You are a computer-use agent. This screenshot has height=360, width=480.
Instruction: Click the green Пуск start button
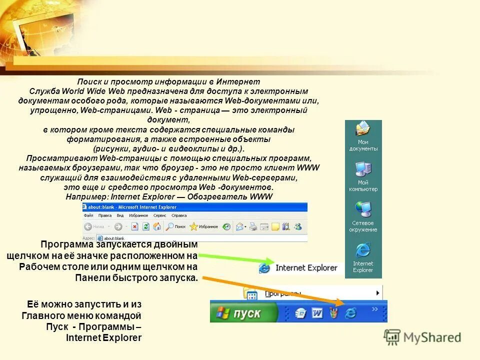(x=243, y=313)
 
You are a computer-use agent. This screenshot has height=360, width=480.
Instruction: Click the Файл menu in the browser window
(x=88, y=215)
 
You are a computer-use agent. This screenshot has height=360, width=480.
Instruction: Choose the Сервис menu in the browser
(x=159, y=215)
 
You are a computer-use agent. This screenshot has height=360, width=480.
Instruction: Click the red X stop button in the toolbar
(x=134, y=226)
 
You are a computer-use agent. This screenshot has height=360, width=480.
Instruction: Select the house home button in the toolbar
(x=157, y=226)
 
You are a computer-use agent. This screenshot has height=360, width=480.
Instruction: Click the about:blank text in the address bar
(x=113, y=238)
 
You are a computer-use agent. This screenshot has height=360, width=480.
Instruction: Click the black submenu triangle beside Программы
(x=378, y=292)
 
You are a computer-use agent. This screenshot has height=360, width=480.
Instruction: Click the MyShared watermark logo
(x=422, y=337)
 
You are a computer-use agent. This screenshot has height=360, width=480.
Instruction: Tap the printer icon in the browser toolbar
(x=253, y=226)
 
